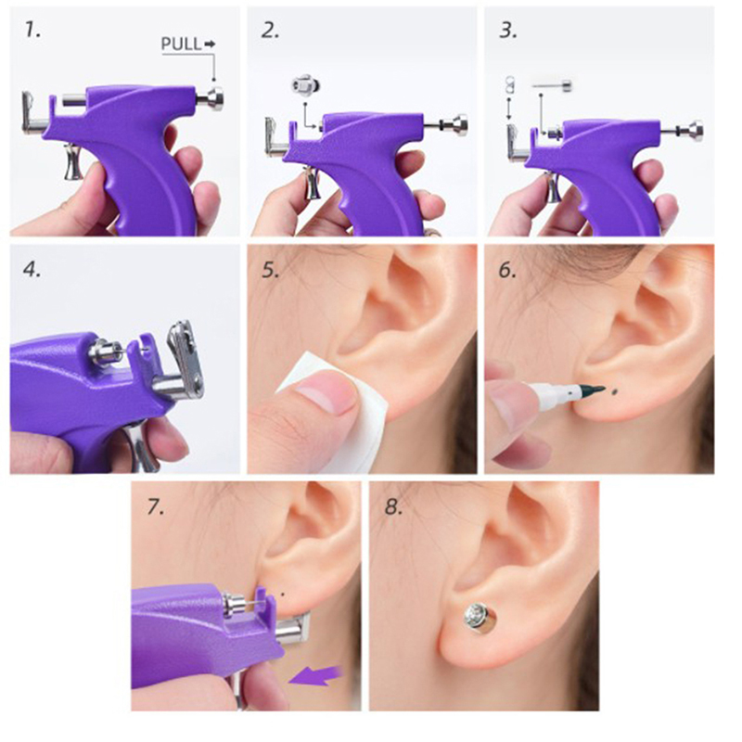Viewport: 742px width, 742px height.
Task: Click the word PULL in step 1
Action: coord(181,44)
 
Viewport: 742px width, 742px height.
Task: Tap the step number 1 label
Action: coord(32,31)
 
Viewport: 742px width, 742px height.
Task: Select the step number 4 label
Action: coord(32,270)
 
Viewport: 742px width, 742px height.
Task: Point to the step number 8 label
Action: coord(393,506)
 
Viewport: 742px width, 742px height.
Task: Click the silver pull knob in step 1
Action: coord(211,99)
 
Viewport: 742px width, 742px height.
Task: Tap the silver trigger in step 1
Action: coord(73,162)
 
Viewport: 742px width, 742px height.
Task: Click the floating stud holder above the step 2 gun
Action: coord(306,84)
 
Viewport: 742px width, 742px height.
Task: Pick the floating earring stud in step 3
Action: coord(552,85)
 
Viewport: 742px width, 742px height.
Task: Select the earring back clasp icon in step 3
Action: coord(509,84)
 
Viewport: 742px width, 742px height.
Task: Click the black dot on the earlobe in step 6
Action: coord(614,391)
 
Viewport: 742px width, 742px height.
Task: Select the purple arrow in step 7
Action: coord(316,675)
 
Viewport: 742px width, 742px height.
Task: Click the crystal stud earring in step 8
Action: coord(479,617)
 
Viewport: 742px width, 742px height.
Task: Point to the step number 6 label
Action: coord(507,270)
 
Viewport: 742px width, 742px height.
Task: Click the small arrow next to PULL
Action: coord(210,44)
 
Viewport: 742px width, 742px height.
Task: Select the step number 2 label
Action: coord(270,31)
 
